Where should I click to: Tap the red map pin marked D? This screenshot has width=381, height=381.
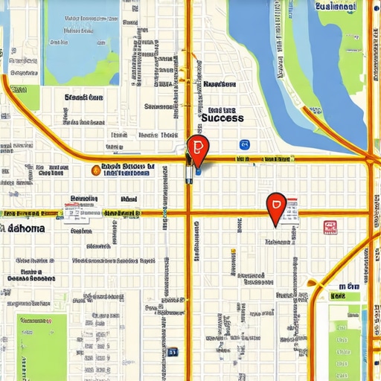275,205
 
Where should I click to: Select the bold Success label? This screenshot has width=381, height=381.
222,118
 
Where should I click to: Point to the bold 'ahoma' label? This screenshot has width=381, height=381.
25,229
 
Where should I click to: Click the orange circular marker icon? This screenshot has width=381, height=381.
95,170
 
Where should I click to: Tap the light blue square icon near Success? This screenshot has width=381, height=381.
244,144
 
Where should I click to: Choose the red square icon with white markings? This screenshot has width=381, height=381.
329,227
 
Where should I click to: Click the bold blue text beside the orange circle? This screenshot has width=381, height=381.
127,170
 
